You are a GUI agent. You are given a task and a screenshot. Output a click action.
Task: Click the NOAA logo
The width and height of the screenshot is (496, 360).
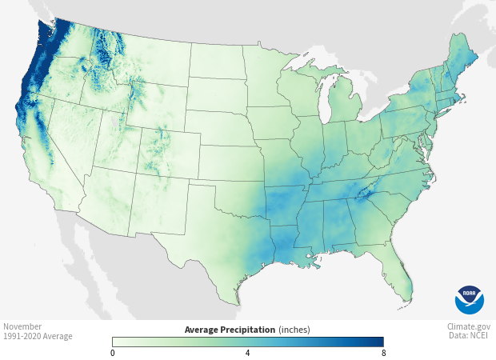point(470,299)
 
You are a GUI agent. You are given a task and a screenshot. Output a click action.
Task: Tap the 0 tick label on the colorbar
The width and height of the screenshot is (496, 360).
point(113,353)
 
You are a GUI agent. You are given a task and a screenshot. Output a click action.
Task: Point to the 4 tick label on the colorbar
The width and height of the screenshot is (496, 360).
point(247,353)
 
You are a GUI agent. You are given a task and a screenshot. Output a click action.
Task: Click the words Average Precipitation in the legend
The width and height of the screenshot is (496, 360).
point(230,329)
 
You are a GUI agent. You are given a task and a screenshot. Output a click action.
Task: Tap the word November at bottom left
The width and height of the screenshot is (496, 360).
point(22,326)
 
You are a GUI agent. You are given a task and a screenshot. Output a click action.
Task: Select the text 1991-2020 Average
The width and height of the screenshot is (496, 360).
point(38,336)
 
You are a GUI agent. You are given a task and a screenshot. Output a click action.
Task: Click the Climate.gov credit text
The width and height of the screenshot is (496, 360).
point(470,326)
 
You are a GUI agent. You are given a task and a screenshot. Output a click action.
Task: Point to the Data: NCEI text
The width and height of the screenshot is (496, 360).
point(470,336)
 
